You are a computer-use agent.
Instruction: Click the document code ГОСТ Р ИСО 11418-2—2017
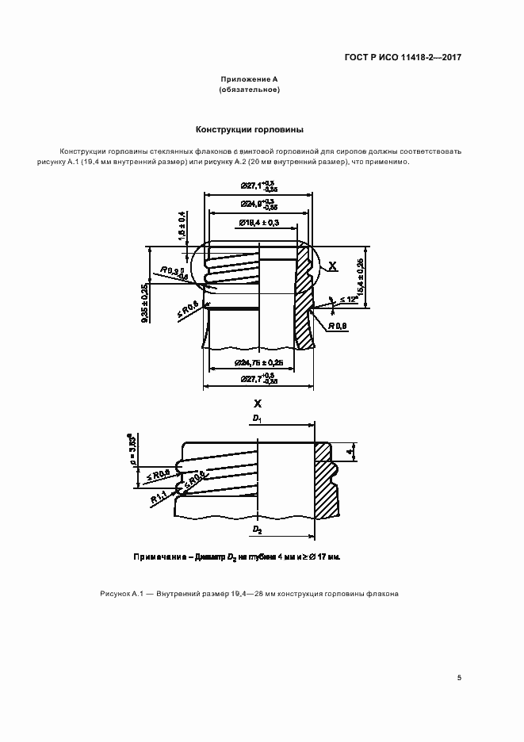click(404, 58)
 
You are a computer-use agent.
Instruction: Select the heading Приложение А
click(249, 80)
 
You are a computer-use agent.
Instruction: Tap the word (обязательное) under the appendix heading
click(249, 90)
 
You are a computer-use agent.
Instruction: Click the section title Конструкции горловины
click(250, 129)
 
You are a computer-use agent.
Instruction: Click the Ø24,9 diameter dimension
click(258, 205)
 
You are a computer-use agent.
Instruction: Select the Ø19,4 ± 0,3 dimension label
click(258, 224)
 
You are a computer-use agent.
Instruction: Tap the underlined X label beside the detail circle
click(333, 268)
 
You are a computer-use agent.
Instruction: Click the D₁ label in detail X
click(257, 417)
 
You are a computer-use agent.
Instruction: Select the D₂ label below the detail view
click(257, 528)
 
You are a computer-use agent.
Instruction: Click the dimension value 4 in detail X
click(349, 453)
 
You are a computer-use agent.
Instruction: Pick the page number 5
click(459, 678)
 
